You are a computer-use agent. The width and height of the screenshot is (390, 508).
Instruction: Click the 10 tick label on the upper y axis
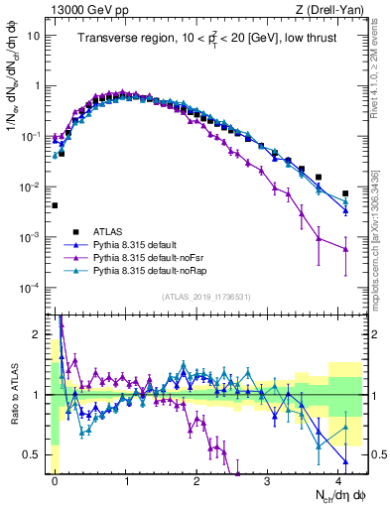[x=35, y=35]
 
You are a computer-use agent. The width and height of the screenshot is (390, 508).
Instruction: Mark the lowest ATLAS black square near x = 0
[x=55, y=205]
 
